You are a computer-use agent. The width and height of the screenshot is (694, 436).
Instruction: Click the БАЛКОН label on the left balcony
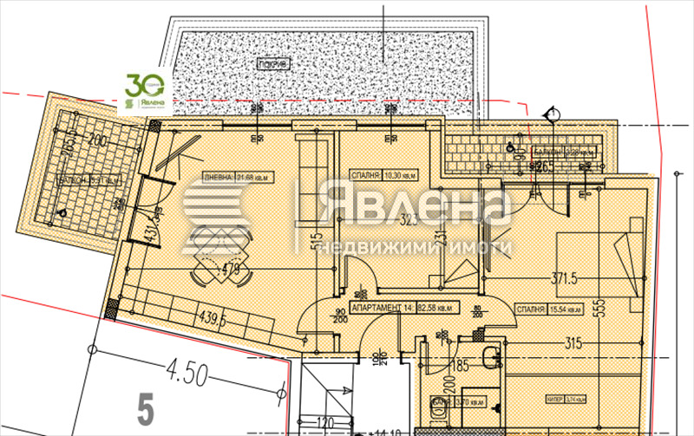[x=85, y=181]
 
